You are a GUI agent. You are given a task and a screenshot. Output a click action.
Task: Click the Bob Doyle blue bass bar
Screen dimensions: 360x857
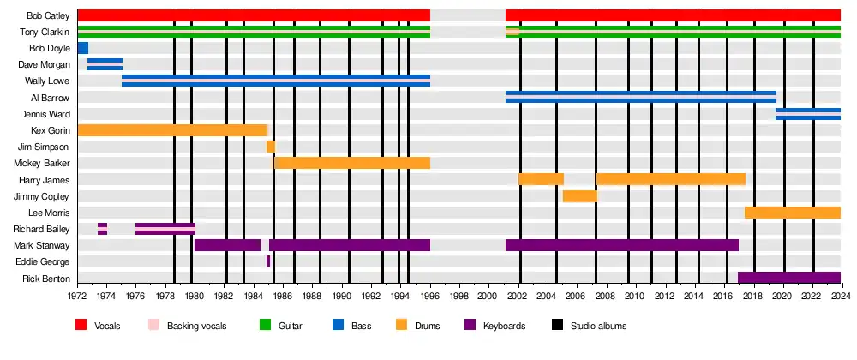[82, 48]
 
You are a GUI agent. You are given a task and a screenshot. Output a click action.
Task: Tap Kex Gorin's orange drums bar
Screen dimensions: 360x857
[171, 130]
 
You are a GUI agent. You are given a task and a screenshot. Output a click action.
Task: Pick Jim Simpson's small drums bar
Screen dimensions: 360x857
[271, 147]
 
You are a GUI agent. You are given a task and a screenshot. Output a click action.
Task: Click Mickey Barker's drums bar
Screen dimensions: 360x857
[351, 163]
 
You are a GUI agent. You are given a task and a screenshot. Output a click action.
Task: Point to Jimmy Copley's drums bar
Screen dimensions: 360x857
[580, 196]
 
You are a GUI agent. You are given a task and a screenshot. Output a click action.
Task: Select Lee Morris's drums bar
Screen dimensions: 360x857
[792, 213]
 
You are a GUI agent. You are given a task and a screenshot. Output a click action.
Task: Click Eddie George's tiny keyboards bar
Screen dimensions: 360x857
[268, 261]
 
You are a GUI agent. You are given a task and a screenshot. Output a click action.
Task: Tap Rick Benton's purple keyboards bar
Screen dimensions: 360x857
[788, 278]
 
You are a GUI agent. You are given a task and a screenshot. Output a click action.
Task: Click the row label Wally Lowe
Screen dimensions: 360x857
[47, 81]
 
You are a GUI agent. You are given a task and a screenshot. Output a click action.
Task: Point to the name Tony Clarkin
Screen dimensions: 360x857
[45, 32]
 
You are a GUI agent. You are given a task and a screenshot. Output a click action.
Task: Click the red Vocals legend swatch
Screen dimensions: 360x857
[81, 326]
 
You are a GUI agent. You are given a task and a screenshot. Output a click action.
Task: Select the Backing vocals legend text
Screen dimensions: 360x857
[196, 327]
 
